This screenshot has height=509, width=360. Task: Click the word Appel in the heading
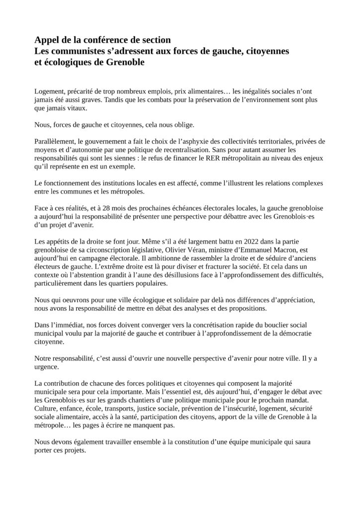coord(47,40)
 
